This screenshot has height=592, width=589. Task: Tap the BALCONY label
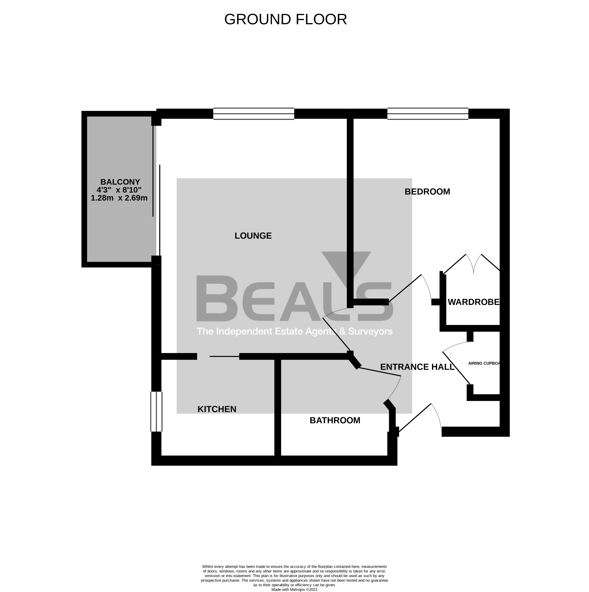tap(120, 182)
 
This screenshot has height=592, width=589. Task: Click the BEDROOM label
tap(427, 192)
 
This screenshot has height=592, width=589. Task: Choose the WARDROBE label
tap(473, 302)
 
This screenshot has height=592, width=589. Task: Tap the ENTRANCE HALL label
tap(417, 367)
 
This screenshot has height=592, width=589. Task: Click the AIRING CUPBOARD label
tap(484, 363)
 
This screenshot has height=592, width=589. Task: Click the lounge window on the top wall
tap(254, 114)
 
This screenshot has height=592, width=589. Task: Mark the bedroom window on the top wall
tap(428, 114)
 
